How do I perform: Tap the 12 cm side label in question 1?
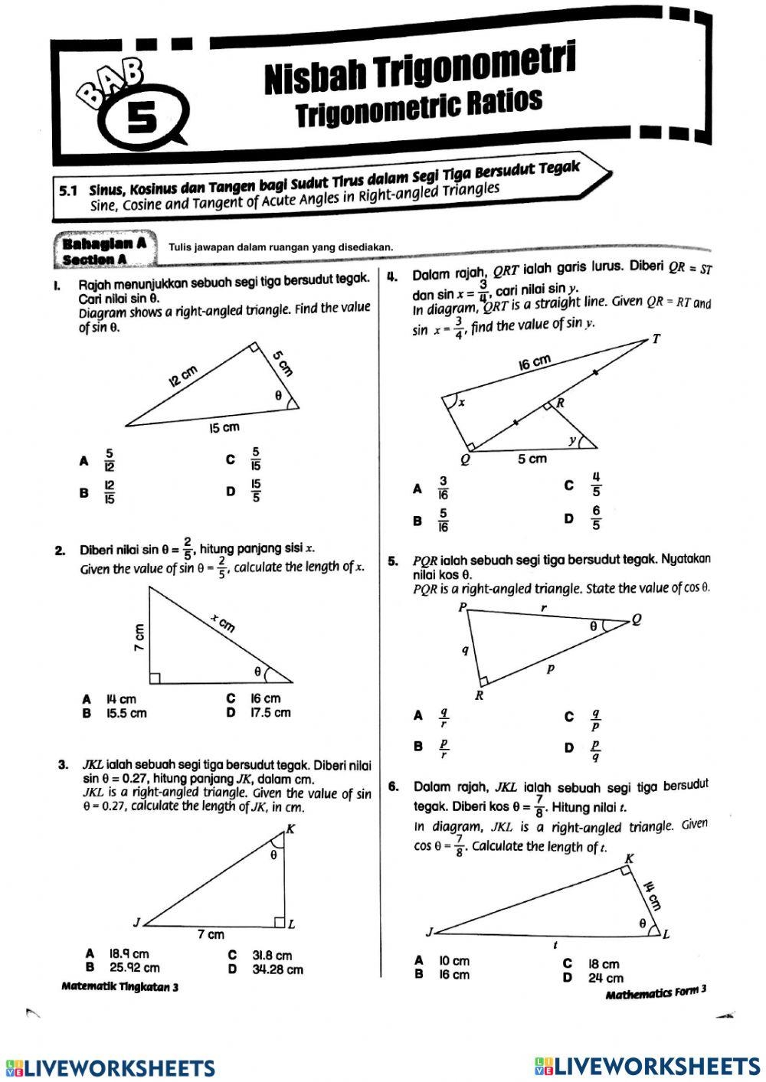point(183,376)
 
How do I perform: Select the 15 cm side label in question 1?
point(224,427)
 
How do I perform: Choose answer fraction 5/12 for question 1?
point(110,461)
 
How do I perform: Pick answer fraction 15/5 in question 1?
point(256,490)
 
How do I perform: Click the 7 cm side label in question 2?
point(139,635)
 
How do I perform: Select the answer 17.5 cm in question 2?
point(270,713)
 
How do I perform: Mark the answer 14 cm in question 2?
point(121,699)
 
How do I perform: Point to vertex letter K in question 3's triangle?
point(290,828)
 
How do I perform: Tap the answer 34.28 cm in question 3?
point(277,969)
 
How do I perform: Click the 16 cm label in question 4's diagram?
point(534,362)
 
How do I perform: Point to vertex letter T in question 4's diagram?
point(656,339)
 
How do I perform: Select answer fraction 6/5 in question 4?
point(596,518)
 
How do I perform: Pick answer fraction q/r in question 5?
point(444,717)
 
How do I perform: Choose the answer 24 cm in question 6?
point(605,979)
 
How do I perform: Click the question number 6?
point(392,786)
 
